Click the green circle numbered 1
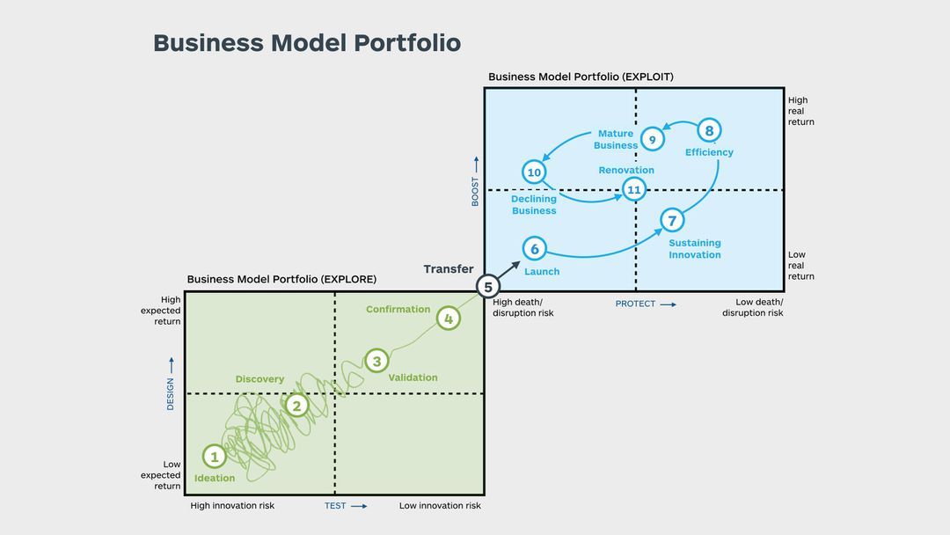coord(214,457)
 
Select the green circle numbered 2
coord(297,406)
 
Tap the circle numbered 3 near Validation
coord(376,361)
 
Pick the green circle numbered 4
coord(449,319)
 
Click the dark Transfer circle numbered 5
coord(488,286)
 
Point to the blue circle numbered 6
coord(535,249)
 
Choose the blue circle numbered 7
coord(672,221)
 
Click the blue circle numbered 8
coord(710,131)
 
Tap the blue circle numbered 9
coord(652,139)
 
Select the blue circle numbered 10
coord(534,172)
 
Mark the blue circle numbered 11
coord(633,189)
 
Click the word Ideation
coord(215,478)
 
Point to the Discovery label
coord(259,379)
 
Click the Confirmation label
coord(398,309)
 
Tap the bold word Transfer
coord(449,269)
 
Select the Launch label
coord(542,271)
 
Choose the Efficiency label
coord(709,152)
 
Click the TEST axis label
coord(335,506)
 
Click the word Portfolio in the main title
coord(406,43)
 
